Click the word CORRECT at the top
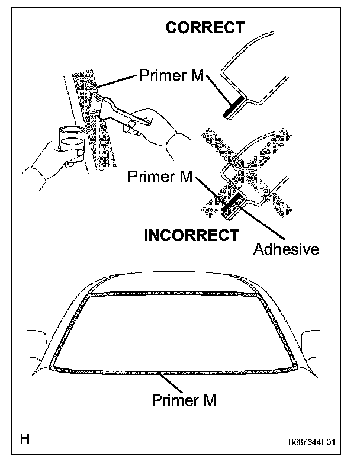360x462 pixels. [x=205, y=28]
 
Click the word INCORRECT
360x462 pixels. [x=192, y=235]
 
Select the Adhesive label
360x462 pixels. [x=286, y=249]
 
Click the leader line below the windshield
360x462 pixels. [x=172, y=382]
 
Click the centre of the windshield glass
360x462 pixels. [x=175, y=332]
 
